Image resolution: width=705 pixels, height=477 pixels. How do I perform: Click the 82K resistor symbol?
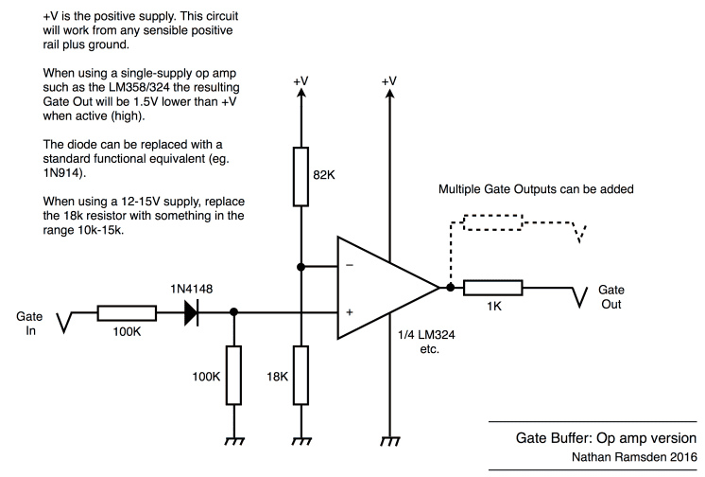[x=301, y=175]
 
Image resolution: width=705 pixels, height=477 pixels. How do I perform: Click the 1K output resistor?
[x=492, y=289]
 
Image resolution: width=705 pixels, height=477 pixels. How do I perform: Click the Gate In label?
[x=29, y=325]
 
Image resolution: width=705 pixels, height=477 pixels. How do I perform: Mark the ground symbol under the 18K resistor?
[x=301, y=440]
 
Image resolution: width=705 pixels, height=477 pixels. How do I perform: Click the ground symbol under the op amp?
[x=388, y=440]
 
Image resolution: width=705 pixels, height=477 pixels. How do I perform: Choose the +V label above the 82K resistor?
[x=301, y=82]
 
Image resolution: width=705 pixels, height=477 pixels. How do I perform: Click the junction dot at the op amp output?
[x=450, y=289]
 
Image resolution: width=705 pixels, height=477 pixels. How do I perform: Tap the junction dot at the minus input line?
[x=301, y=267]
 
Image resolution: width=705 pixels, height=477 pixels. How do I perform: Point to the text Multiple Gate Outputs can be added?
[x=534, y=189]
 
